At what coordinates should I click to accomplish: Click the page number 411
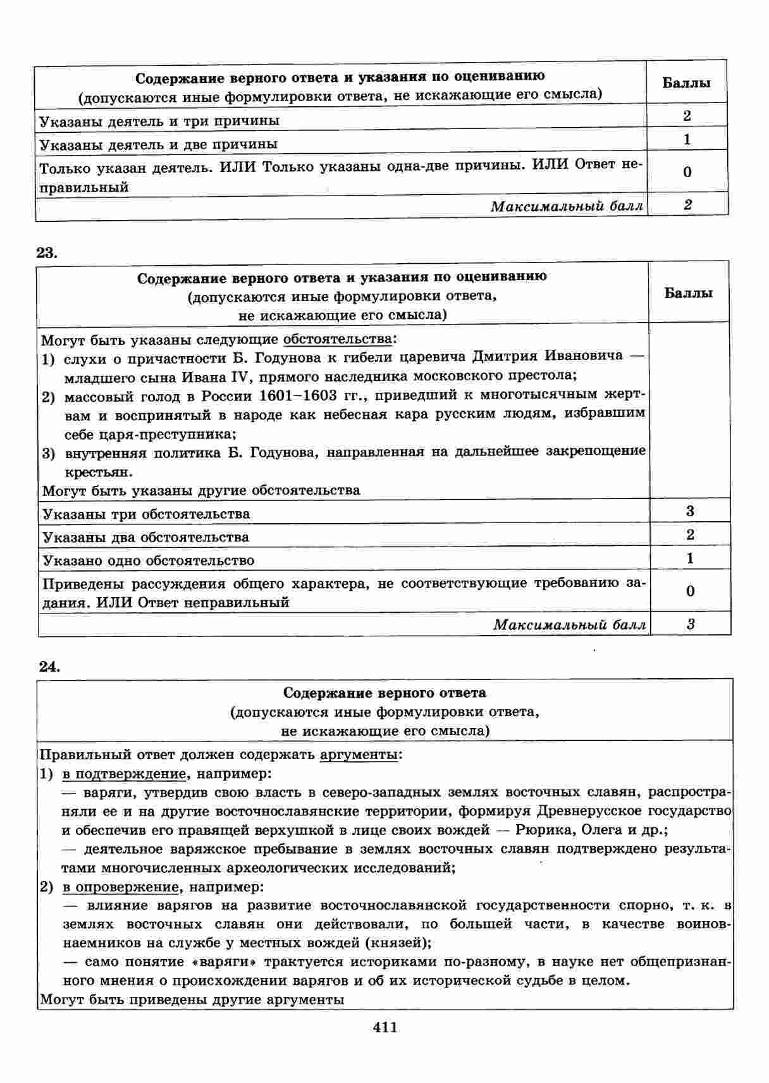(385, 1027)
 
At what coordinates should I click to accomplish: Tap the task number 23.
(47, 252)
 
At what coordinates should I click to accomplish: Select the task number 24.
(49, 665)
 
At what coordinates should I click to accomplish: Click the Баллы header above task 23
(689, 293)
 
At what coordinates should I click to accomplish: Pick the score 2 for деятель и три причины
(687, 115)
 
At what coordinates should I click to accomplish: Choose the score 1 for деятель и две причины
(687, 139)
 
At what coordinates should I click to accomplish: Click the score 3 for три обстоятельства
(690, 511)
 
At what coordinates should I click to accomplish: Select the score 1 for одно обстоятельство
(690, 558)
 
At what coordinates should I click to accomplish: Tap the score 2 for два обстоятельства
(690, 535)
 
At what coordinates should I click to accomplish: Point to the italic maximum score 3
(691, 624)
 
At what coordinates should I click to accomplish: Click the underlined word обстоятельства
(337, 339)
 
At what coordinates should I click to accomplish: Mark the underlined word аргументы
(359, 754)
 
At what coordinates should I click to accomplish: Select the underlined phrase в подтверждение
(124, 773)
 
